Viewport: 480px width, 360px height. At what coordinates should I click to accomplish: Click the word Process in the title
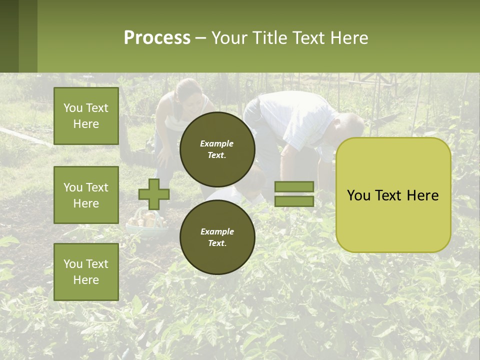157,38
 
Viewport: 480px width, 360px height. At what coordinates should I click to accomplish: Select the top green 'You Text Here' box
86,116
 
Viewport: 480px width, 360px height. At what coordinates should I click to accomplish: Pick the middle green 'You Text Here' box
86,195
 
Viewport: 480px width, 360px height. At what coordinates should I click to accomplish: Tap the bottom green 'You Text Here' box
86,271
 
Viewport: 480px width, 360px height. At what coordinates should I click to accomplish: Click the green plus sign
154,194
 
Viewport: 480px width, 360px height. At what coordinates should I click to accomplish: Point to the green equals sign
294,194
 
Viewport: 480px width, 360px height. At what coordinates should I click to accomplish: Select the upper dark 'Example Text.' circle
217,149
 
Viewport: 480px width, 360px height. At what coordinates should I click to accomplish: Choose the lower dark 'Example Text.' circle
217,237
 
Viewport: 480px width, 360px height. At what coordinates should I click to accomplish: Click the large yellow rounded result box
393,195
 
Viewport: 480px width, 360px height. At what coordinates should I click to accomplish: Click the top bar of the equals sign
294,187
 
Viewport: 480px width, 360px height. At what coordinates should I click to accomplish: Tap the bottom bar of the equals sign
294,201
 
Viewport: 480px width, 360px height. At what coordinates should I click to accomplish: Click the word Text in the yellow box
393,195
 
